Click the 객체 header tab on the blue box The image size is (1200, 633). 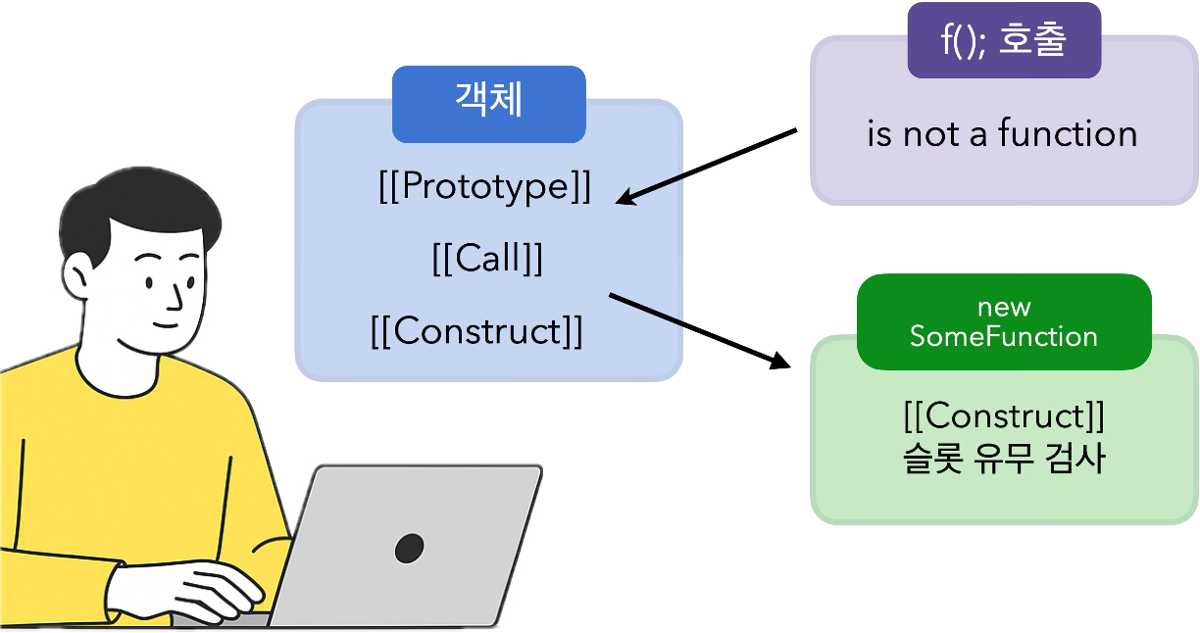click(x=488, y=99)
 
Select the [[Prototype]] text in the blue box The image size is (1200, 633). click(x=485, y=186)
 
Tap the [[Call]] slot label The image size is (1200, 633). click(x=487, y=259)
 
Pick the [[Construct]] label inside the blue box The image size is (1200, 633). click(x=476, y=331)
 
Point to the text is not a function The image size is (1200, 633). click(x=1002, y=134)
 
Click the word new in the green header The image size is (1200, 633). click(x=1004, y=308)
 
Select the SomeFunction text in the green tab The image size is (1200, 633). click(x=1003, y=337)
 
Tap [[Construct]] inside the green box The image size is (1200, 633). click(x=1004, y=416)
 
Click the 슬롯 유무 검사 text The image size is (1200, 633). click(x=1004, y=459)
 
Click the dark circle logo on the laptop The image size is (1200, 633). click(x=409, y=548)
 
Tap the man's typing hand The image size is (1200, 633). click(x=201, y=588)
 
